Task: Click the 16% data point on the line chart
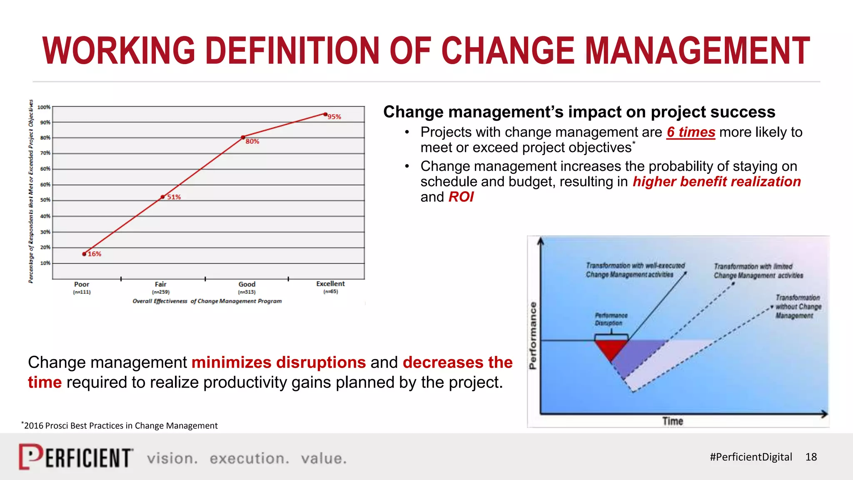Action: coord(84,254)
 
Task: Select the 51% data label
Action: coord(174,197)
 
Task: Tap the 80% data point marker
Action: coord(243,137)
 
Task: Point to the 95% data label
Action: coord(334,117)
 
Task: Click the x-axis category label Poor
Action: coord(82,284)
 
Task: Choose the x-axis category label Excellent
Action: coord(330,284)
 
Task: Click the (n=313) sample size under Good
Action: coord(247,292)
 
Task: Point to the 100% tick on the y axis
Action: coord(44,107)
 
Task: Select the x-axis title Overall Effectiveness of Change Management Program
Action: coord(207,301)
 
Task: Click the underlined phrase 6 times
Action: coord(691,132)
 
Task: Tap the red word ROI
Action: coord(461,197)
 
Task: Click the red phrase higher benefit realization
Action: coord(716,182)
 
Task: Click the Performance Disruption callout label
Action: coord(611,319)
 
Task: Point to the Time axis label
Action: coord(673,421)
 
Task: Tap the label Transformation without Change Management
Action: coord(798,307)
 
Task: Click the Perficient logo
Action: coord(76,457)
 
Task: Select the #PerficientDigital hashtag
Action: coord(751,457)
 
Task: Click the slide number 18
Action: coord(811,457)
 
